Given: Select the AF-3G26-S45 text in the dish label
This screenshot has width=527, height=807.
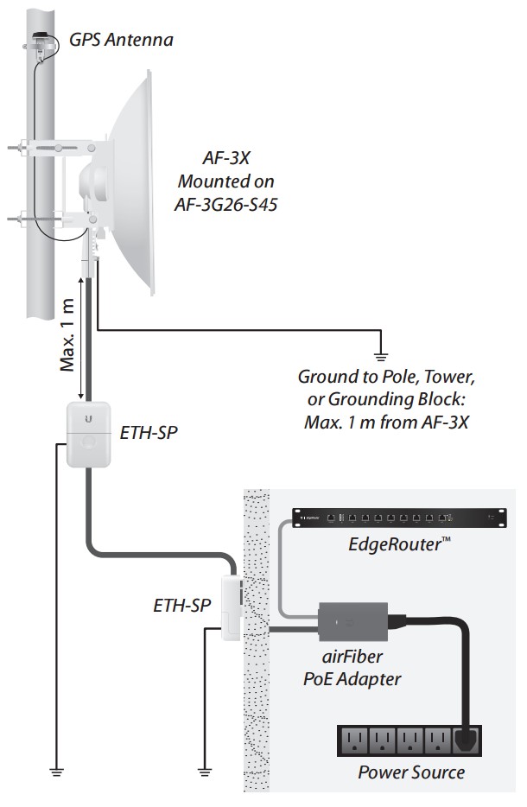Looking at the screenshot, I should [226, 207].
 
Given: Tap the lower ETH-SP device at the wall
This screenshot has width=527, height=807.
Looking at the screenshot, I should [232, 606].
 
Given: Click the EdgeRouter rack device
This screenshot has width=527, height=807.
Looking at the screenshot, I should [397, 518].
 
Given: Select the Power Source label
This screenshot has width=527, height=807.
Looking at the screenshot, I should [411, 772].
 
